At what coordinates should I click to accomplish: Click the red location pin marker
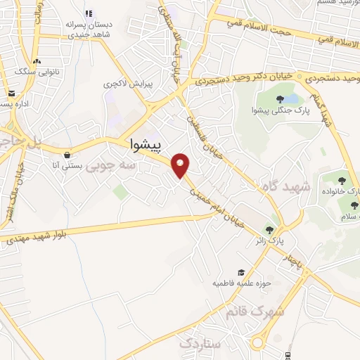[181, 165]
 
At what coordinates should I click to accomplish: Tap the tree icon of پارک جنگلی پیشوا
[280, 98]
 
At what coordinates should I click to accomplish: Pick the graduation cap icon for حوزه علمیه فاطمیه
[241, 272]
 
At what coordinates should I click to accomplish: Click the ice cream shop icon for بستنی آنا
[67, 155]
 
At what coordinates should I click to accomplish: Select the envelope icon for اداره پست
[11, 93]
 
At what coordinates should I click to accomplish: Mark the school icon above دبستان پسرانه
[89, 13]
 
